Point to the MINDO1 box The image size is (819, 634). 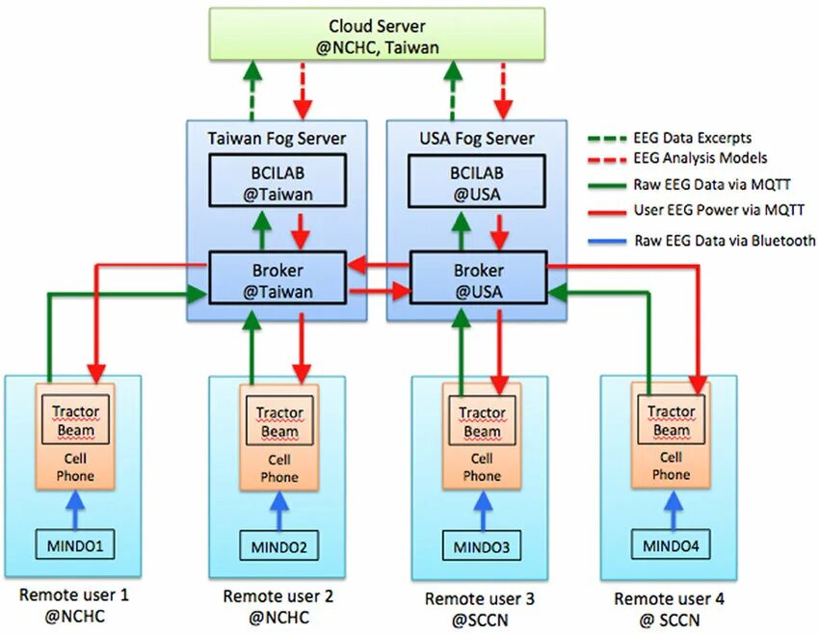pos(74,546)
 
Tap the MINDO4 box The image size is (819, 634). pos(670,546)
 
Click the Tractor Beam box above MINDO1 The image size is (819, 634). pos(75,420)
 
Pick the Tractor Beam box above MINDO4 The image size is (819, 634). pos(671,420)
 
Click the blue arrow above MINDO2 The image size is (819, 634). pos(278,511)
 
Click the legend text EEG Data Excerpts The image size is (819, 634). pos(692,138)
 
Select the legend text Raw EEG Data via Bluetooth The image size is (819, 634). pos(724,240)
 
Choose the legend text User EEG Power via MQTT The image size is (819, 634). pos(718,210)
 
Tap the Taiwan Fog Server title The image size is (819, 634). pos(277,138)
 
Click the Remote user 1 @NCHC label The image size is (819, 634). pos(74,605)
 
